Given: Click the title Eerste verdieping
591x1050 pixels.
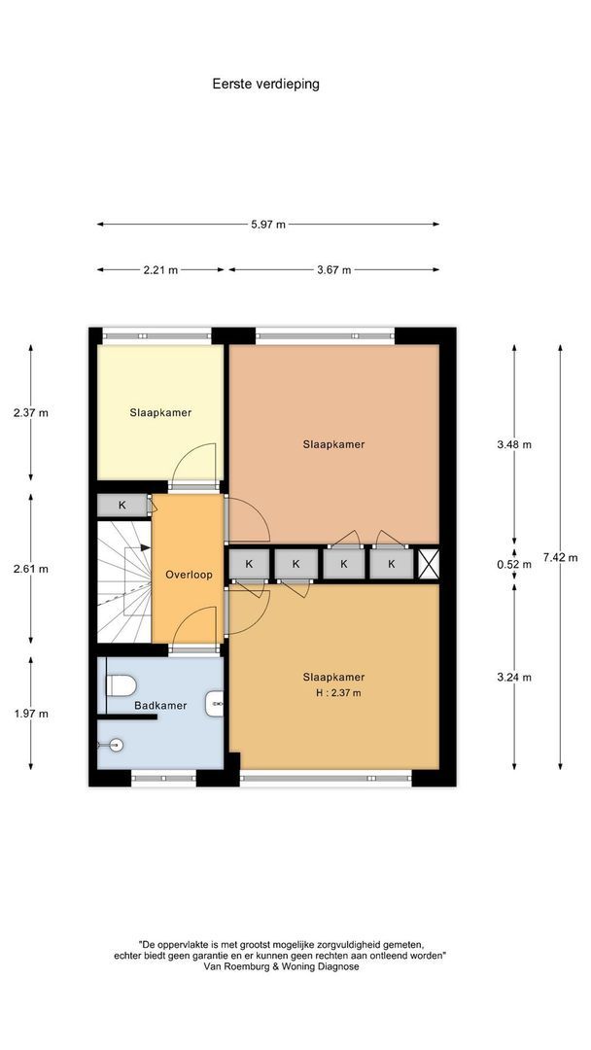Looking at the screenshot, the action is coord(265,84).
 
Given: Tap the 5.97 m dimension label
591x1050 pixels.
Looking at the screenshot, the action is coord(267,225).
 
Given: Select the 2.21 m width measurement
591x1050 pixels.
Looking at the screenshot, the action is coord(160,270).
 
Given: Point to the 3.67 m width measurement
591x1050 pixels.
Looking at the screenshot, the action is coord(333,270).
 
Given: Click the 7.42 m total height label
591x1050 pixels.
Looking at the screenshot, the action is coord(560,557).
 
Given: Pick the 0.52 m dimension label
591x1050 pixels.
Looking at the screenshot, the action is coord(514,564).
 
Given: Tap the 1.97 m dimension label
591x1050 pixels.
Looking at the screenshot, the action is coord(31,714).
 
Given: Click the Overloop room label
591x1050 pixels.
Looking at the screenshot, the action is coord(189,575).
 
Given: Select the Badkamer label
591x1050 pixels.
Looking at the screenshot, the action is coord(160,705).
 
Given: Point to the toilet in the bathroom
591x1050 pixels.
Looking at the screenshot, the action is coord(121,685).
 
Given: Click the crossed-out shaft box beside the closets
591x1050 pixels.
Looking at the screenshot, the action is coord(429,563).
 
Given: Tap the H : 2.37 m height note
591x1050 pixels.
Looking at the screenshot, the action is coord(338,693).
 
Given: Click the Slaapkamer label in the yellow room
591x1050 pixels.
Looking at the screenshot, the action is coord(160,412).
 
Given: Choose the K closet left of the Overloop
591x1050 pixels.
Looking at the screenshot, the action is coord(122,506).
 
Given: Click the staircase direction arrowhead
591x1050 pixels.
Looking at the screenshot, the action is coord(146,547).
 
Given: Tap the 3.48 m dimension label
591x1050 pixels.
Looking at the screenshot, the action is coord(514,444).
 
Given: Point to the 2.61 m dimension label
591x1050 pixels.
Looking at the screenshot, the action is coord(31,569).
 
